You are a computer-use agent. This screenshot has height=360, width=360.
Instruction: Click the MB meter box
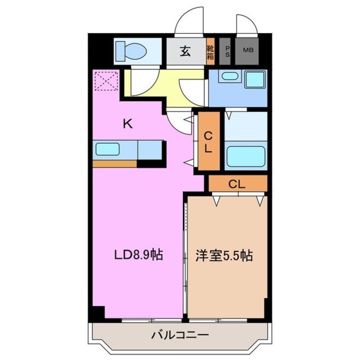[248, 51]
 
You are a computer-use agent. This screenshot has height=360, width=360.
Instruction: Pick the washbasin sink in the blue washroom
[230, 77]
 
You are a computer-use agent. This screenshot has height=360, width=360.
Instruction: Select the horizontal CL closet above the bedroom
[237, 183]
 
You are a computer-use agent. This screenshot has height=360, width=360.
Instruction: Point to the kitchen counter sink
[107, 149]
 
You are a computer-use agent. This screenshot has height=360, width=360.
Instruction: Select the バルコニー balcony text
[180, 335]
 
